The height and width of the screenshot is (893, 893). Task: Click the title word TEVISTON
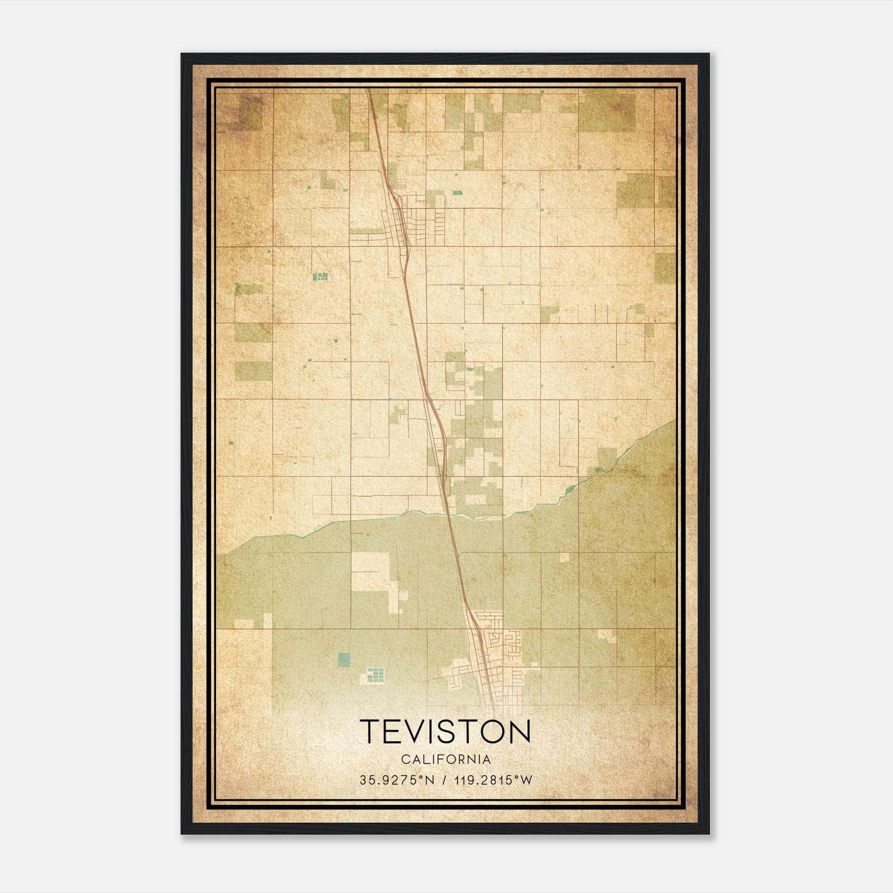point(445,731)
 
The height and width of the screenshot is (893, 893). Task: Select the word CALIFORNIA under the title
point(445,759)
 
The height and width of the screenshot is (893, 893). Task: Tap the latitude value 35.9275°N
point(396,780)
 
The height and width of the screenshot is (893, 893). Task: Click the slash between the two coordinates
point(444,780)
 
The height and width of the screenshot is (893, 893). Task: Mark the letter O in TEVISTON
point(488,731)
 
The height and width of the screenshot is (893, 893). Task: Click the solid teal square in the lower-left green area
point(344,659)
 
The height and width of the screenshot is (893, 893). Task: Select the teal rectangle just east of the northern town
point(457,193)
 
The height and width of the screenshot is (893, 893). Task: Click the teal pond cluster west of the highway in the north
point(320,276)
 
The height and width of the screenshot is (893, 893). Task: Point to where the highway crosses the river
point(450,515)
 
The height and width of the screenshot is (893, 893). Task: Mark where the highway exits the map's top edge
point(369,90)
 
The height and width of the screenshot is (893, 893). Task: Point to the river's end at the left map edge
point(218,555)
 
